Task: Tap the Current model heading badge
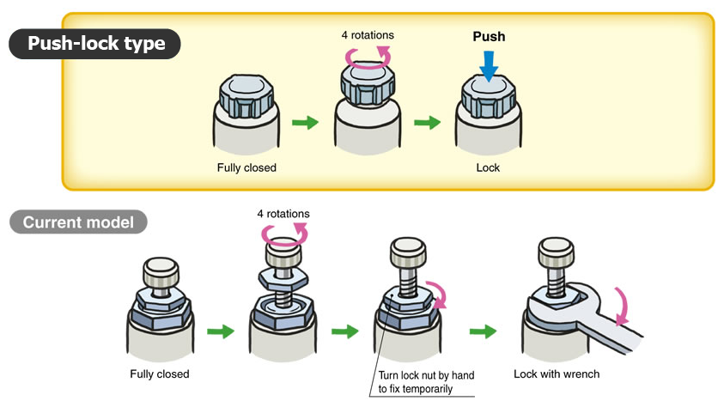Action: click(78, 222)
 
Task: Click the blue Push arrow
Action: click(488, 64)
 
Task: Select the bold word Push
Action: click(489, 37)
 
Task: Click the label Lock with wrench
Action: click(557, 374)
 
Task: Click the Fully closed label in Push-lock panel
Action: click(246, 167)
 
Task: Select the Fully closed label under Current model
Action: click(160, 374)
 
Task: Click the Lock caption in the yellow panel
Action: click(488, 167)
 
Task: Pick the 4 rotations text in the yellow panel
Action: click(367, 36)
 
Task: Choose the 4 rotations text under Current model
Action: click(283, 213)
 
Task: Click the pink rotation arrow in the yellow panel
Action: click(368, 58)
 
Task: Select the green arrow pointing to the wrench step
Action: click(484, 331)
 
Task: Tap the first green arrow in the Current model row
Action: click(221, 331)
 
